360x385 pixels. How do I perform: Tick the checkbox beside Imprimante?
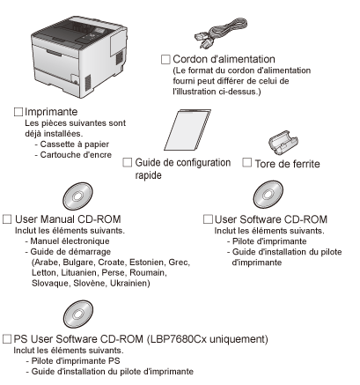[x=18, y=112]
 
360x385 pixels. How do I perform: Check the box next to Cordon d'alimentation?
[x=165, y=59]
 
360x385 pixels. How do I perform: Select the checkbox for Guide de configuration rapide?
[x=127, y=162]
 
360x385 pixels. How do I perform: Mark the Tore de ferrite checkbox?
[x=246, y=162]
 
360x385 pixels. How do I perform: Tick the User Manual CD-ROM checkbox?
[x=7, y=219]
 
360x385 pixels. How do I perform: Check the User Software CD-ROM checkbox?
[x=208, y=219]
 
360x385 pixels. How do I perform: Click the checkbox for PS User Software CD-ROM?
[x=7, y=339]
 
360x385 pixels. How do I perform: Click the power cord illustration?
[x=221, y=33]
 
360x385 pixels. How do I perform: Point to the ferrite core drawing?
[x=283, y=142]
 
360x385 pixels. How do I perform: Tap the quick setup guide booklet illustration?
[x=187, y=130]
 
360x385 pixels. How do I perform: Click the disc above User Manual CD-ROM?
[x=77, y=196]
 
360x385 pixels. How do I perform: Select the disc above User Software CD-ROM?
[x=268, y=195]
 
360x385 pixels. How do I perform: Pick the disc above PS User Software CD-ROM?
[x=78, y=314]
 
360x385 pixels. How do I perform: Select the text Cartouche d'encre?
[x=76, y=155]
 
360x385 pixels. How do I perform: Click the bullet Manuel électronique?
[x=70, y=241]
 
